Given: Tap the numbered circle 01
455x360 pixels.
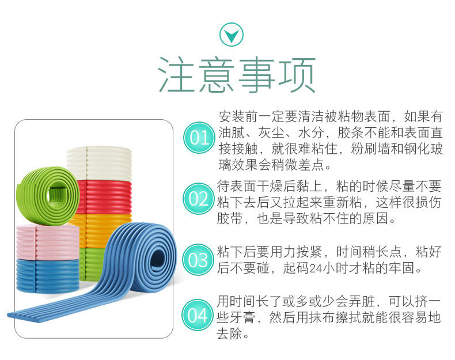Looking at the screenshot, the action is [199, 138].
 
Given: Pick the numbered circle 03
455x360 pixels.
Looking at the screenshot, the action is [199, 260].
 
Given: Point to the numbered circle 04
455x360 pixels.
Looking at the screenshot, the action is [199, 315].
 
